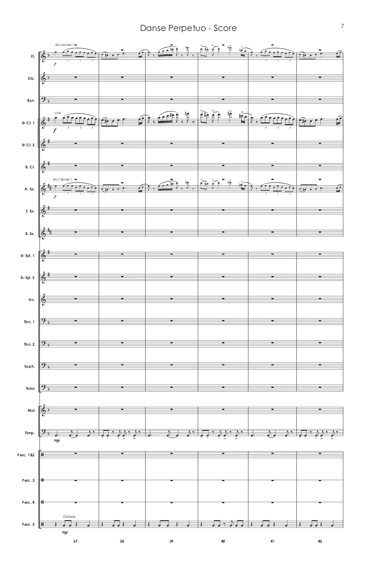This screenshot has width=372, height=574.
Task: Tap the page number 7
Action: coord(342,26)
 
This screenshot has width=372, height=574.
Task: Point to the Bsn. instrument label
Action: coord(31,100)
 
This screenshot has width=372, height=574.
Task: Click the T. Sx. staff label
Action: coord(31,211)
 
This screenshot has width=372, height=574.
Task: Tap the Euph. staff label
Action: coord(31,367)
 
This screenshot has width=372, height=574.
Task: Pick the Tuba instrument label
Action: coord(31,389)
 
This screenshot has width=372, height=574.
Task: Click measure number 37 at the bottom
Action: coord(75,541)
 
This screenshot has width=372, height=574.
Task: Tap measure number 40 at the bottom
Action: coord(223,541)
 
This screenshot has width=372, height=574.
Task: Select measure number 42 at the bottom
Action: coord(320,541)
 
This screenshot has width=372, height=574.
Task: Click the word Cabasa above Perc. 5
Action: coord(67,515)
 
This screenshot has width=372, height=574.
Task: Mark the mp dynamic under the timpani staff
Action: coord(57,441)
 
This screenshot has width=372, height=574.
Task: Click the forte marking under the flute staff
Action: coord(55,64)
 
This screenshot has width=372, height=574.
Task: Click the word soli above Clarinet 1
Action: coord(58,113)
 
